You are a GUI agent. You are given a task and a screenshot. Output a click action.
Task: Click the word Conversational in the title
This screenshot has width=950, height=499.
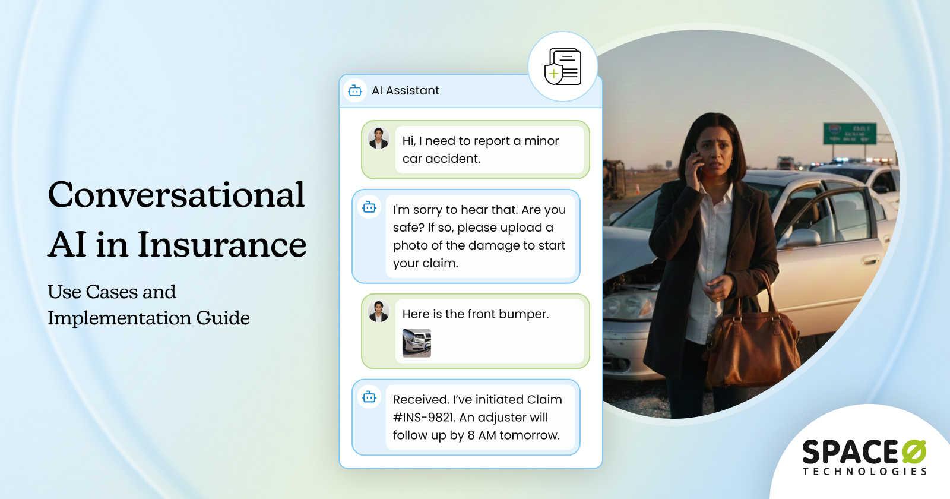coord(176,195)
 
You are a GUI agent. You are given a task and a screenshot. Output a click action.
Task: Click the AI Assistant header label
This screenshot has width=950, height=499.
coord(406,90)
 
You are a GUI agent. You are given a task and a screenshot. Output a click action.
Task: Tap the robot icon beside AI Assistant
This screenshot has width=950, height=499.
coord(355,90)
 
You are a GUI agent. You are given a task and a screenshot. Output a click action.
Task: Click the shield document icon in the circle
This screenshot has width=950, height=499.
coord(562,67)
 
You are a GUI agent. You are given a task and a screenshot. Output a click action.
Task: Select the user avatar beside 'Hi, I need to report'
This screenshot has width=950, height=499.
coord(378,138)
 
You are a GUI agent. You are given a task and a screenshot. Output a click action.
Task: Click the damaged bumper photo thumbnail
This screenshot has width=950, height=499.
coord(417,343)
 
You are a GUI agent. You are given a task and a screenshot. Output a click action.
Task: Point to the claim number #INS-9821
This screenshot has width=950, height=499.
coord(423,417)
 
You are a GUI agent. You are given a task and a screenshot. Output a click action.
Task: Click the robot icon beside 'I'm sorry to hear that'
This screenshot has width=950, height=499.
coord(369,207)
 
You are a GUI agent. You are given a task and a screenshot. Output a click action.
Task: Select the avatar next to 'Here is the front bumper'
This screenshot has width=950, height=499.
coord(378,311)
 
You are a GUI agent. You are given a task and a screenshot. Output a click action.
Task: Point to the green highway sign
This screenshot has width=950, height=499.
coord(849,133)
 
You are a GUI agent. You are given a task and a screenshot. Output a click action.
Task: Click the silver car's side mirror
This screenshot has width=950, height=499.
coord(801,238)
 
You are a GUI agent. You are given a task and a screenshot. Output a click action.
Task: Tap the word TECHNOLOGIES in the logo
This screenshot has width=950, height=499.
coord(864,472)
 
